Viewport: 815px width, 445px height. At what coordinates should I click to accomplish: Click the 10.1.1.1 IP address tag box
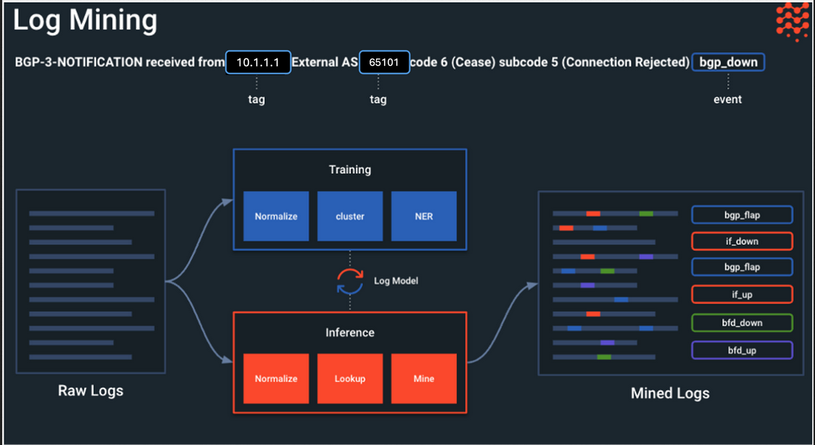point(258,62)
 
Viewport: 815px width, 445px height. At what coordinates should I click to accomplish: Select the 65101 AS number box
point(384,62)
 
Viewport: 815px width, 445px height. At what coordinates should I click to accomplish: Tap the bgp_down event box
point(728,62)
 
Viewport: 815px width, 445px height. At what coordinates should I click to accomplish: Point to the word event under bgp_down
point(728,99)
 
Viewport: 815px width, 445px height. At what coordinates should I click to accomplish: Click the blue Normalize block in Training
point(276,216)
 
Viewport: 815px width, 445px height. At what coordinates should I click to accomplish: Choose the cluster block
point(350,216)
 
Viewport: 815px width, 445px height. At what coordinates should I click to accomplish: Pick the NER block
point(424,216)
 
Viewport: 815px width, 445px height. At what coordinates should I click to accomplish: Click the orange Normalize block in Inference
point(276,379)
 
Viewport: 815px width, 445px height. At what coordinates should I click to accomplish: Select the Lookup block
point(350,379)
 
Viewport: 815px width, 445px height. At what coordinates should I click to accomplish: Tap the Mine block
point(424,379)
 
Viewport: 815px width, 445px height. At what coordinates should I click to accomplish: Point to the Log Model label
point(396,281)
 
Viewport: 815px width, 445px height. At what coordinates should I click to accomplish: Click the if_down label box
point(741,241)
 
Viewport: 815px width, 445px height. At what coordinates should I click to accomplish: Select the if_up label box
point(741,295)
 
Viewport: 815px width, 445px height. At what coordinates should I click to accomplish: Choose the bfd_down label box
point(741,323)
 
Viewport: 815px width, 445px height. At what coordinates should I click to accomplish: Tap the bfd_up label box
point(741,350)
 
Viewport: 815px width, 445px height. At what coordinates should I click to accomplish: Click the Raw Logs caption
point(90,390)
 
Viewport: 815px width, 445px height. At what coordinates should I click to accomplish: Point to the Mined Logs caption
point(670,393)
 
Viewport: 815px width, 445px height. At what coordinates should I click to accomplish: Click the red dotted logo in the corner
point(793,21)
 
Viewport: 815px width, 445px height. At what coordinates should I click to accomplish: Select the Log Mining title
point(84,21)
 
